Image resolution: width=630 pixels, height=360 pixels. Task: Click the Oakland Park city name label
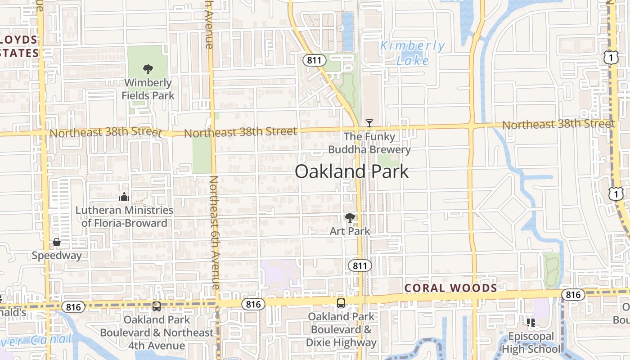pos(352,171)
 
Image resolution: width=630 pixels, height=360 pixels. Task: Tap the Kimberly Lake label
pos(412,53)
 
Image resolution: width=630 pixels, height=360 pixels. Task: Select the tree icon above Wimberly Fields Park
pos(148,69)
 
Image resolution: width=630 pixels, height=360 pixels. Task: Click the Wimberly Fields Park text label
pos(148,89)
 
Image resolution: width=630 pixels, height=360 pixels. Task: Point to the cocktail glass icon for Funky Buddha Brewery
pos(369,123)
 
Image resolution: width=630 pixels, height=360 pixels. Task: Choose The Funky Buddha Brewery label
pos(369,143)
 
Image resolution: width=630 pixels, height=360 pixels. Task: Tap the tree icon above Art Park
pos(350,218)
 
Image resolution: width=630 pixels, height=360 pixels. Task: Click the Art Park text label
pos(350,231)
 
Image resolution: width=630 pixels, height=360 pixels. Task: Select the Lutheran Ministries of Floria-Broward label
pos(124,216)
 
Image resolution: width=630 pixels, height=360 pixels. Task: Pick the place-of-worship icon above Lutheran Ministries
pos(124,197)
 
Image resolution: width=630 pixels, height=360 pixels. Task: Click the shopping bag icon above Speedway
pos(57,243)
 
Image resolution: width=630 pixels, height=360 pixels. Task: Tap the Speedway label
pos(57,256)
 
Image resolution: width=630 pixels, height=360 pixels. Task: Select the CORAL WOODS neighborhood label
pos(450,288)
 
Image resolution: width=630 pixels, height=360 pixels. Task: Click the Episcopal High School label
pos(531,342)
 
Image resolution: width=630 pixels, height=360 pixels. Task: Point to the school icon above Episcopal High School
pos(531,322)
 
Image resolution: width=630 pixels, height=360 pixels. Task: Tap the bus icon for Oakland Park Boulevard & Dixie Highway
pos(341,303)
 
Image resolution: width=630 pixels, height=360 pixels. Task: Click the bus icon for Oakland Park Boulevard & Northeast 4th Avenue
pos(157,306)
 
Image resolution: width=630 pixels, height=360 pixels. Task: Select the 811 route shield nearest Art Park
pos(360,265)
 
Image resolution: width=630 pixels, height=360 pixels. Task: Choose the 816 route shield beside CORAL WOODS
pos(573,295)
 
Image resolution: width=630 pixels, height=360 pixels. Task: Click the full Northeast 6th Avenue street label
pos(214,233)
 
